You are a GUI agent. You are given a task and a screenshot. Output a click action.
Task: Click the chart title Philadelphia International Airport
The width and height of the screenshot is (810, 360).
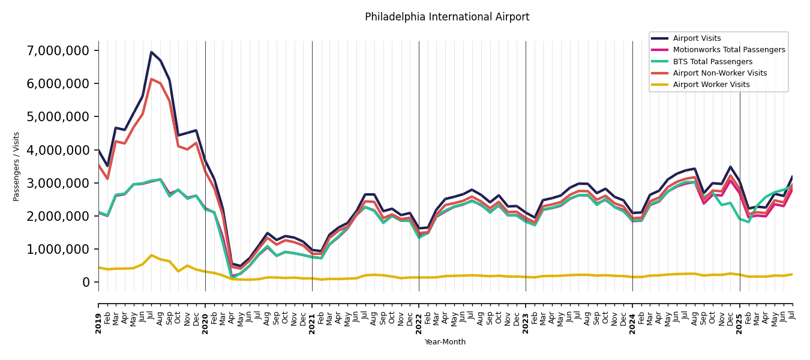tap(447, 17)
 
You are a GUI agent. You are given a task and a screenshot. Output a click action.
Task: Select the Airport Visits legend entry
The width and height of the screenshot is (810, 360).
tap(697, 38)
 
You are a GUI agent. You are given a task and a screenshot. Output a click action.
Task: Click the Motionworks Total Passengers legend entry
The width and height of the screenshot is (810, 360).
tap(728, 50)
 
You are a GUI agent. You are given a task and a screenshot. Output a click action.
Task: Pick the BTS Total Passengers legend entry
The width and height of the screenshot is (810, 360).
tap(712, 62)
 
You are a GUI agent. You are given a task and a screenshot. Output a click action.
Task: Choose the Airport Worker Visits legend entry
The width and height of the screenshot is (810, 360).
tap(711, 85)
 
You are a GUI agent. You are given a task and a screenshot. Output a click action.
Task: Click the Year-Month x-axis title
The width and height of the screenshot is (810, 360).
tap(445, 342)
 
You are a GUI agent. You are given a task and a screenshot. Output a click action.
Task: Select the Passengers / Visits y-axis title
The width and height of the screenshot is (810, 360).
tap(17, 166)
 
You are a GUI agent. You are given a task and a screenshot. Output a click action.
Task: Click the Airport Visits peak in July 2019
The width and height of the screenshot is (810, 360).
tap(151, 52)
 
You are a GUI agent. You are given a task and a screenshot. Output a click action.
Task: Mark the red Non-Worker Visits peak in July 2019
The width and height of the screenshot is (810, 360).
tap(151, 79)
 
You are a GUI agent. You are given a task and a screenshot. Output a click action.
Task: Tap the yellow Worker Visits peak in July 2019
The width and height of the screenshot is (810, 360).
tap(151, 255)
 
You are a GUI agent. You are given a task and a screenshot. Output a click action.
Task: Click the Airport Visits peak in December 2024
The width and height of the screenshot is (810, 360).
tap(730, 167)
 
